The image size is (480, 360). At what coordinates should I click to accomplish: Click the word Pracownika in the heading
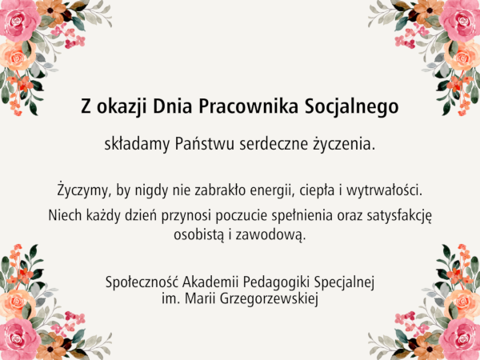[x=248, y=106]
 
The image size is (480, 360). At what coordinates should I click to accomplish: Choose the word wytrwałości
[x=384, y=190]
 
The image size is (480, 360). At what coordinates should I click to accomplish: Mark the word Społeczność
[x=142, y=282]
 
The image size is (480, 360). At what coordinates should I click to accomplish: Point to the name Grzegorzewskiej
[x=269, y=298]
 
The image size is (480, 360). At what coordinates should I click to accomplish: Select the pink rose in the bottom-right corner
[x=461, y=339]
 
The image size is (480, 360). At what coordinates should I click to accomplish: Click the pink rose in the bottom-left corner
[x=19, y=339]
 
